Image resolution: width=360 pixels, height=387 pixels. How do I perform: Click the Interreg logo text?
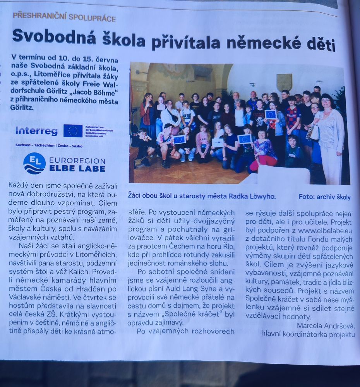click(36, 131)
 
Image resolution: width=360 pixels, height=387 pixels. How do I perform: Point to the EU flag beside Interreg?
click(73, 131)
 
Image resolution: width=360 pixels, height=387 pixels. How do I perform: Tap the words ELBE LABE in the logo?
click(77, 168)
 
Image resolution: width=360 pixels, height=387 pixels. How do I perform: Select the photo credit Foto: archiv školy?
click(324, 197)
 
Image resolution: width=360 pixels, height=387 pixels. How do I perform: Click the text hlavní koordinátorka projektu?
click(308, 334)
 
